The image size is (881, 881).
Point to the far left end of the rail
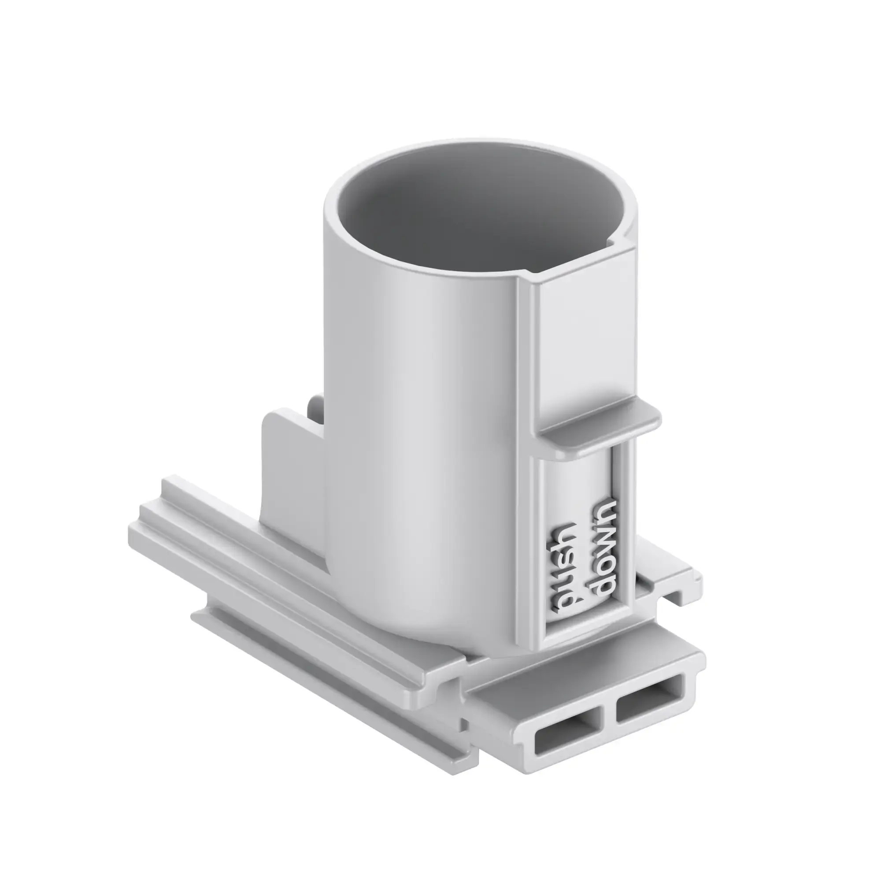[137, 531]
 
